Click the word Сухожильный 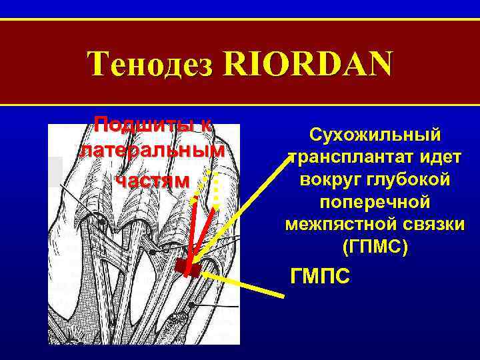375,135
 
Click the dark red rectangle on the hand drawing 187,269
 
